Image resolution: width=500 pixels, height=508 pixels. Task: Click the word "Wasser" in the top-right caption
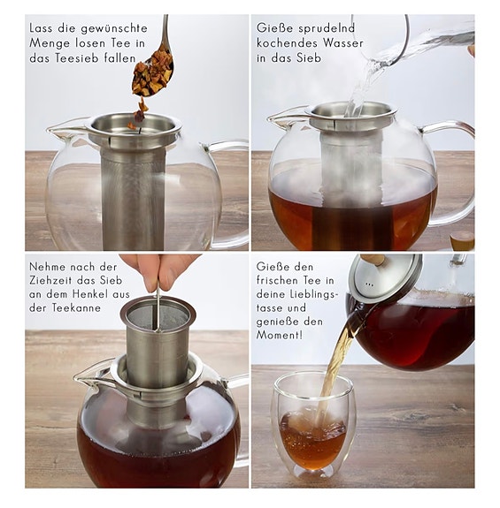point(343,42)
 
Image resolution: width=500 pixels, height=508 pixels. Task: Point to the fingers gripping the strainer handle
point(159,271)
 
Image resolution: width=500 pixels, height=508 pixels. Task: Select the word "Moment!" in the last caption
point(280,335)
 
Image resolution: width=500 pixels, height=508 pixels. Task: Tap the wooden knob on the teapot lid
point(373,259)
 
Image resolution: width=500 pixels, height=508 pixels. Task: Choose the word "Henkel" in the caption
point(90,294)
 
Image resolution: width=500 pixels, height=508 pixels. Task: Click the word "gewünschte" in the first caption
point(114,29)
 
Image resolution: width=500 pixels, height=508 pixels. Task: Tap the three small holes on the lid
point(369,284)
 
